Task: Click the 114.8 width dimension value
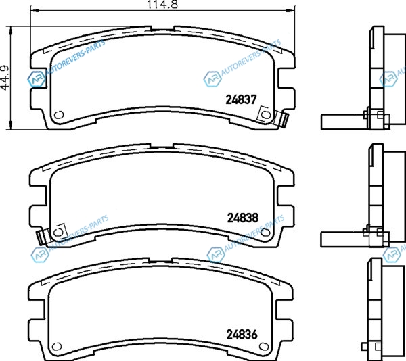coord(162,5)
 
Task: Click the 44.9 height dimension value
coord(5,78)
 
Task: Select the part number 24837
coord(241,99)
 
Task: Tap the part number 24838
coord(243,218)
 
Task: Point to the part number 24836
coord(242,335)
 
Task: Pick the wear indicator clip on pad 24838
coord(41,237)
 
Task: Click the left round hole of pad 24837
coord(59,114)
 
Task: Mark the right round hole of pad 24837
coord(265,114)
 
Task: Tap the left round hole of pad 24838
coord(58,232)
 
